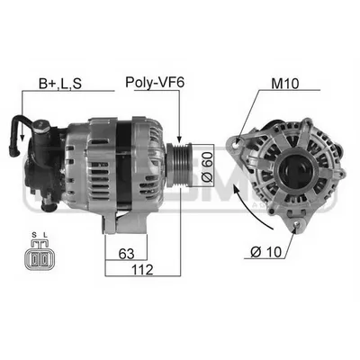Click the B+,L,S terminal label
[60, 84]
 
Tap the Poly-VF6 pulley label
[155, 83]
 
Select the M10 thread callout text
[284, 84]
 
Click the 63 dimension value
[126, 254]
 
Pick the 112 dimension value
[142, 270]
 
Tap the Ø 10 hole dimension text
[266, 252]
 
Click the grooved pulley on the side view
[179, 165]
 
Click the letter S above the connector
[33, 235]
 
